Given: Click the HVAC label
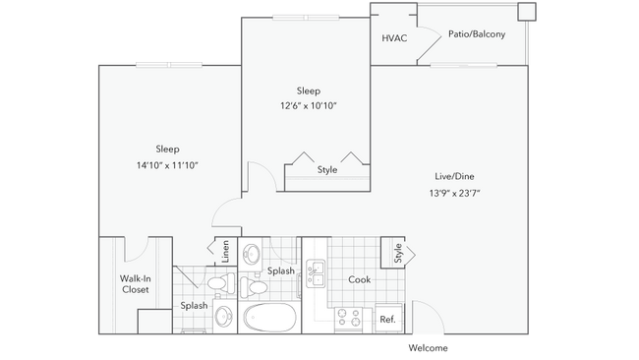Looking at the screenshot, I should click(395, 38).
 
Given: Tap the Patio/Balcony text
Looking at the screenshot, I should click(477, 34).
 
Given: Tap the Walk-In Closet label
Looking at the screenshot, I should click(135, 283).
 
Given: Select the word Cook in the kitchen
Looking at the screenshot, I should click(360, 279).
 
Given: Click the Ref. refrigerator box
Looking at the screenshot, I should click(387, 319).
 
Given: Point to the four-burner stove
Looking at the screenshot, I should click(349, 318).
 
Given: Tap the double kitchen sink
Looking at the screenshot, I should click(317, 272).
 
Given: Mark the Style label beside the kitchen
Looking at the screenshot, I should click(397, 253).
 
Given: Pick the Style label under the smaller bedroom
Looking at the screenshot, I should click(326, 170).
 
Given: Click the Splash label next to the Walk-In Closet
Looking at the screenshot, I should click(194, 306).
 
